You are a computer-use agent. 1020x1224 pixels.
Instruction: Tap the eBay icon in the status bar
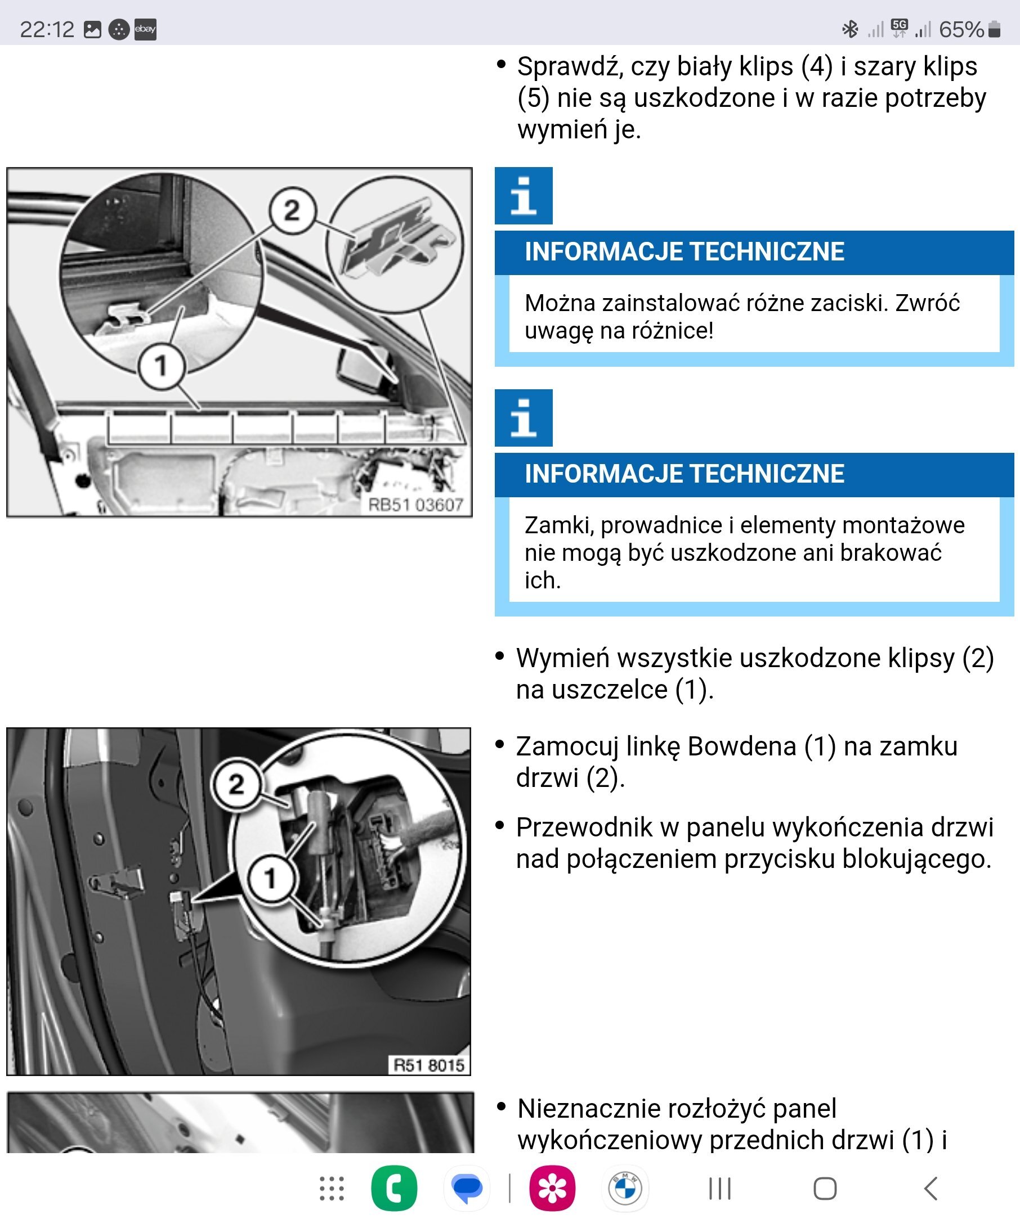145,29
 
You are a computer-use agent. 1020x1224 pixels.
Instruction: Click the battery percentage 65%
961,29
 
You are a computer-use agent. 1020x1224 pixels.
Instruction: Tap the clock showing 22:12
47,29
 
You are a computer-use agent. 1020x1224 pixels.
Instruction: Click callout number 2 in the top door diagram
292,210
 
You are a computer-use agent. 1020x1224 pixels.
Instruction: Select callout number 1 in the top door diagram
161,366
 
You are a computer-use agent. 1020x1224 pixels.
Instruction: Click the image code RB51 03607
415,505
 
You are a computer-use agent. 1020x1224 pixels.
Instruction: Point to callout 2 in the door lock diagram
236,785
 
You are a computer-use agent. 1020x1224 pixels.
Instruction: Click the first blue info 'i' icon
523,196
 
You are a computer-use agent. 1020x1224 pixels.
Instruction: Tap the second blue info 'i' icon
523,418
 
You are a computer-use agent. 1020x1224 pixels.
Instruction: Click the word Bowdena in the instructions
742,746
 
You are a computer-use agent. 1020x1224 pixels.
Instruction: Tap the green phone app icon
394,1189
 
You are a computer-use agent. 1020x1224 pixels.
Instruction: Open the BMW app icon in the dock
625,1189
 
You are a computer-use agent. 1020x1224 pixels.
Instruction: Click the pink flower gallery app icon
552,1189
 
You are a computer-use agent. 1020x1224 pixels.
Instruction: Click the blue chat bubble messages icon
467,1189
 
